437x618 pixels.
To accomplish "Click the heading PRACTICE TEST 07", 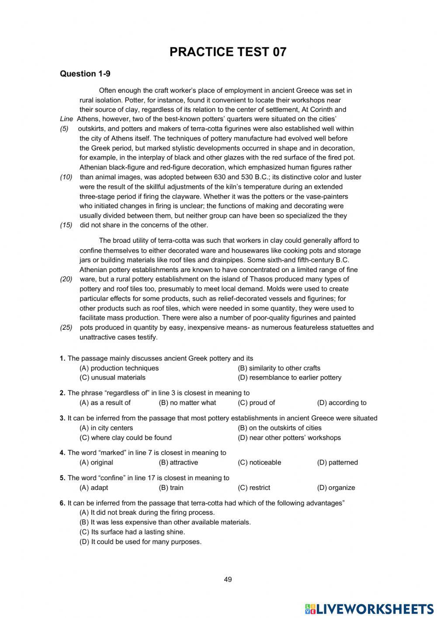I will coord(228,52).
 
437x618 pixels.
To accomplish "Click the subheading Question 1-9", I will coord(85,74).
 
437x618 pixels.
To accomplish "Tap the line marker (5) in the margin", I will coord(64,129).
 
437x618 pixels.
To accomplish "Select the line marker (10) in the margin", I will coord(66,177).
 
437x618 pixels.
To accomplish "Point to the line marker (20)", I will coord(66,279).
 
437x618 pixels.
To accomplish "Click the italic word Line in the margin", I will coord(66,119).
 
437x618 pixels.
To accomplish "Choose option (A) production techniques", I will coord(119,368).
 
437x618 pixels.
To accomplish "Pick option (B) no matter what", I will coord(187,403).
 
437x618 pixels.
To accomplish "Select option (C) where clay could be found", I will coord(125,438).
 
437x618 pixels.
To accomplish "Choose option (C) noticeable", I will coord(259,463).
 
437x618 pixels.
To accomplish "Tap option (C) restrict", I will coord(254,488).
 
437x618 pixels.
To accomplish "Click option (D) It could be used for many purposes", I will coord(140,542).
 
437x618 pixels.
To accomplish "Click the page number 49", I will coord(228,580).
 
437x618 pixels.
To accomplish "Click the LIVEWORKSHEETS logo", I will coord(369,608).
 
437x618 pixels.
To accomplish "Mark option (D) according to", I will coord(342,403).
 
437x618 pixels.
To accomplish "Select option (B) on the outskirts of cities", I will coord(279,428).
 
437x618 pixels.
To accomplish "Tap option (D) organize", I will coord(336,488).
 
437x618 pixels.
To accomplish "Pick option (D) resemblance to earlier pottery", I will coord(289,377).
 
